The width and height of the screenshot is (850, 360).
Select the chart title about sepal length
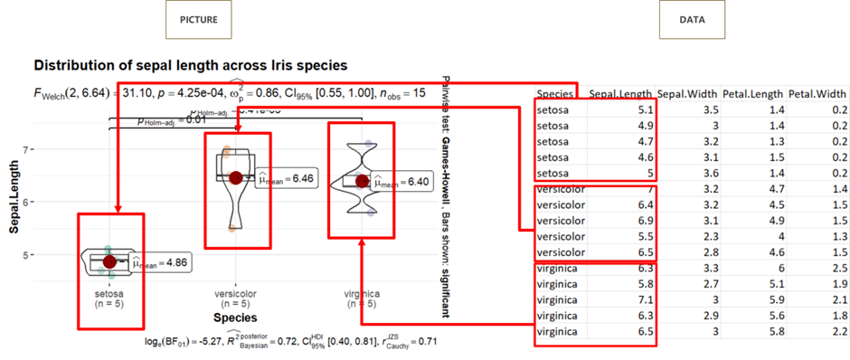190,65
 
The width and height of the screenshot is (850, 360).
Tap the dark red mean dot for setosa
109,261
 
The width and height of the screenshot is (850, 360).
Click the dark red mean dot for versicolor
236,178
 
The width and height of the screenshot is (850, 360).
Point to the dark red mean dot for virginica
363,181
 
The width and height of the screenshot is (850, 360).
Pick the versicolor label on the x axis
235,294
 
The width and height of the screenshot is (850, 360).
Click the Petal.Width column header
818,92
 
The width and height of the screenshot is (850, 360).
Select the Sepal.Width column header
690,92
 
